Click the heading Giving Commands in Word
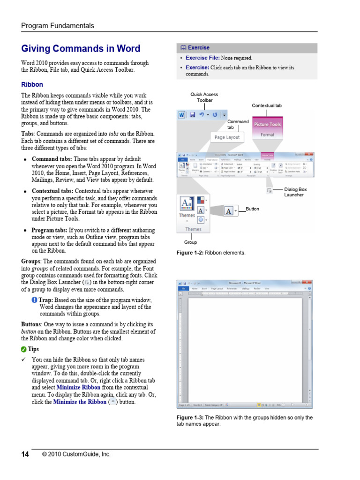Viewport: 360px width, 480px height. pos(81,49)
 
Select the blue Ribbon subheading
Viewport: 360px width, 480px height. pos(32,85)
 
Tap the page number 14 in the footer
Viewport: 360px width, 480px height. pos(25,454)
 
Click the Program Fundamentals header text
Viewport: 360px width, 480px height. pos(58,26)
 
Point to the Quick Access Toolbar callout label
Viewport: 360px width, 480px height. pos(204,97)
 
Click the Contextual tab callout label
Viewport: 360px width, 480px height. pos(267,106)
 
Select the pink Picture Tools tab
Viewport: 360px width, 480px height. pos(267,124)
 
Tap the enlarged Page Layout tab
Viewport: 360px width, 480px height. pos(227,137)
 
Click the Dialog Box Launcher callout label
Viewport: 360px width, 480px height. pos(295,192)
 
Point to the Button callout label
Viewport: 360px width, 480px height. pos(252,209)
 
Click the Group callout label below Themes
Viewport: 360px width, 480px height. pos(190,242)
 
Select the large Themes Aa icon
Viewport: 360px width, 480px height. pos(186,204)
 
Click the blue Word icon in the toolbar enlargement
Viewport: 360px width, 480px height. pos(181,114)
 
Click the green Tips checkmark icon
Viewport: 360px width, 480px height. pos(24,349)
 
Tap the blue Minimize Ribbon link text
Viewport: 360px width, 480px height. pos(78,388)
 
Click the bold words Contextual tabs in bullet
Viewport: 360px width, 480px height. pos(52,191)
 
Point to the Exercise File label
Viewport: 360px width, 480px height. pos(202,58)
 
